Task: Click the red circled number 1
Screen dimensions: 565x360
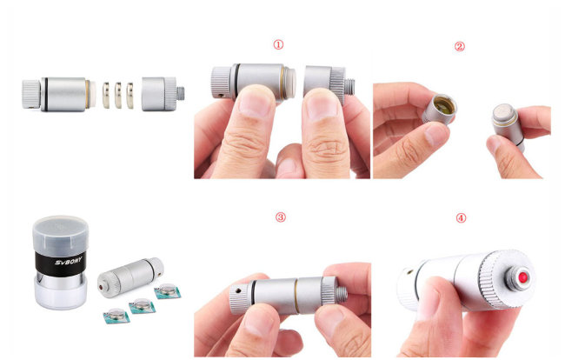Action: coord(278,44)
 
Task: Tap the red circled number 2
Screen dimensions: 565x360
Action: coord(460,46)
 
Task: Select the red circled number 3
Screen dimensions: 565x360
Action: coord(281,217)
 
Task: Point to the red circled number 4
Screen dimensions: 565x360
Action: coord(462,217)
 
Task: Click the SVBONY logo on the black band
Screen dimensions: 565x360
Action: coord(69,260)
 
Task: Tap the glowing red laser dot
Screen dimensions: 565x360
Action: coord(522,277)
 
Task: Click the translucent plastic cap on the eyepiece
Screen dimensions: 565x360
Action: coord(61,236)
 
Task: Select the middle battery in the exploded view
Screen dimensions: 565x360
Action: coord(118,95)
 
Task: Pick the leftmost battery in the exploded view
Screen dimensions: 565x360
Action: coord(105,95)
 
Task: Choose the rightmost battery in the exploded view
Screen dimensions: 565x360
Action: coord(130,96)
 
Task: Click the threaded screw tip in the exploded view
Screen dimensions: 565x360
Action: coord(181,94)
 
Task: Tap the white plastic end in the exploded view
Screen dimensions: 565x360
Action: coord(92,94)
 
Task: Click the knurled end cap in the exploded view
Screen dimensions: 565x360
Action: coord(31,94)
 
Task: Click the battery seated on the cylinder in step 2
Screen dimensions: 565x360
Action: coord(503,112)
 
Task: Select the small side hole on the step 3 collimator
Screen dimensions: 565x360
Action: coord(237,290)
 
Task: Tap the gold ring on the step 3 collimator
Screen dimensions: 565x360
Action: coord(296,296)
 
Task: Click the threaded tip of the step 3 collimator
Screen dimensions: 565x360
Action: coord(342,293)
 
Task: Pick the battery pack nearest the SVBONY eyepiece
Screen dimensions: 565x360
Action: coord(116,316)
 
